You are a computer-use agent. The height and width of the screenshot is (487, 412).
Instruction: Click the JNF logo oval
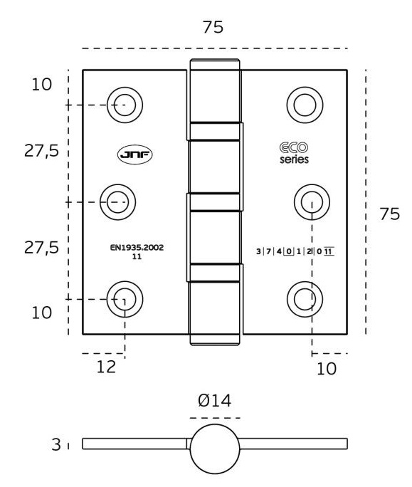coord(134,155)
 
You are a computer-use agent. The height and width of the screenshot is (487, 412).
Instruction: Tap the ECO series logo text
coord(294,152)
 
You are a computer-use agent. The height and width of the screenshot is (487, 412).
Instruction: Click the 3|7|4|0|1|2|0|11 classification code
coord(295,251)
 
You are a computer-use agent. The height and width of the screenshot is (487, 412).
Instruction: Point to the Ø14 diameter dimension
coord(214,400)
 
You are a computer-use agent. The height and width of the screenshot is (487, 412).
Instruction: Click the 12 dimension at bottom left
coord(106,367)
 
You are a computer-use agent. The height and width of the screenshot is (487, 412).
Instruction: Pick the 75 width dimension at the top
coord(213,27)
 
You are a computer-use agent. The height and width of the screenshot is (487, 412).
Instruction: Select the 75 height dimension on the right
coord(390,214)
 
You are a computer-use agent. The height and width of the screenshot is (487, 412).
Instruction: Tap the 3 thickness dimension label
coord(56,444)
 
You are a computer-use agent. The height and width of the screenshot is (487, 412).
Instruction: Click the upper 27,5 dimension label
coord(41,151)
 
